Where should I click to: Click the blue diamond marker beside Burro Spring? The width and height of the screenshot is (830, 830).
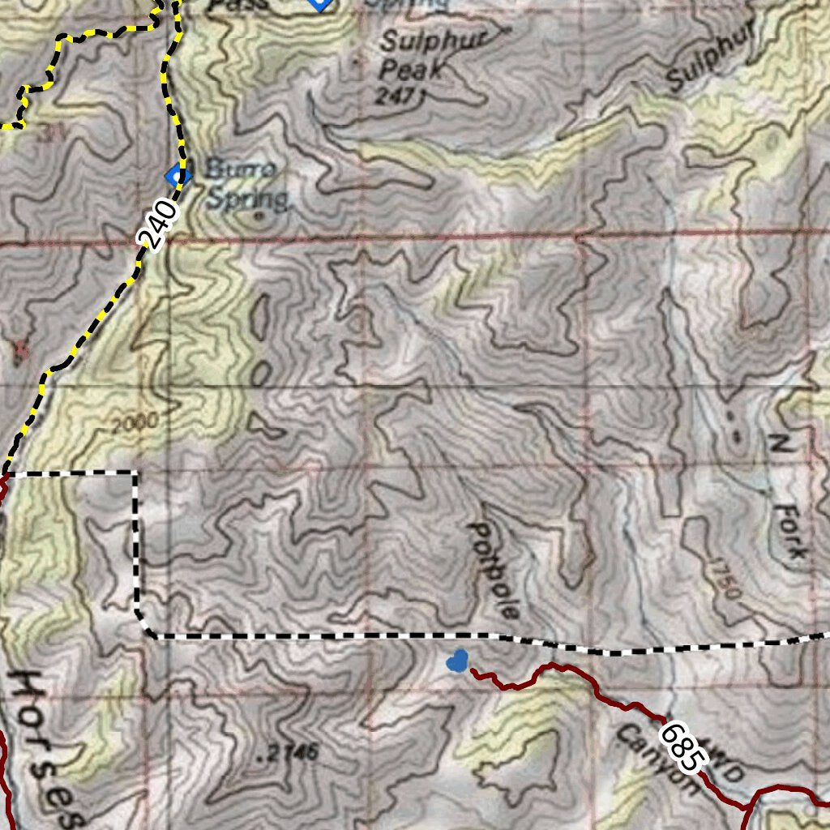[x=177, y=174]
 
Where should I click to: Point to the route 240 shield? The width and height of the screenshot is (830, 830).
[x=157, y=225]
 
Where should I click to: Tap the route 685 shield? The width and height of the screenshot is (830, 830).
[x=679, y=747]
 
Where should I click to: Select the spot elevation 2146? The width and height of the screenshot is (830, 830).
[x=287, y=755]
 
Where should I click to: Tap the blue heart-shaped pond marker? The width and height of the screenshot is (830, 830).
[x=457, y=661]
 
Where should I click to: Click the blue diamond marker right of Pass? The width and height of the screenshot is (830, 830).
[x=321, y=3]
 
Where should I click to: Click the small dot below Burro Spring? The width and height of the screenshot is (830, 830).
[x=258, y=216]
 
